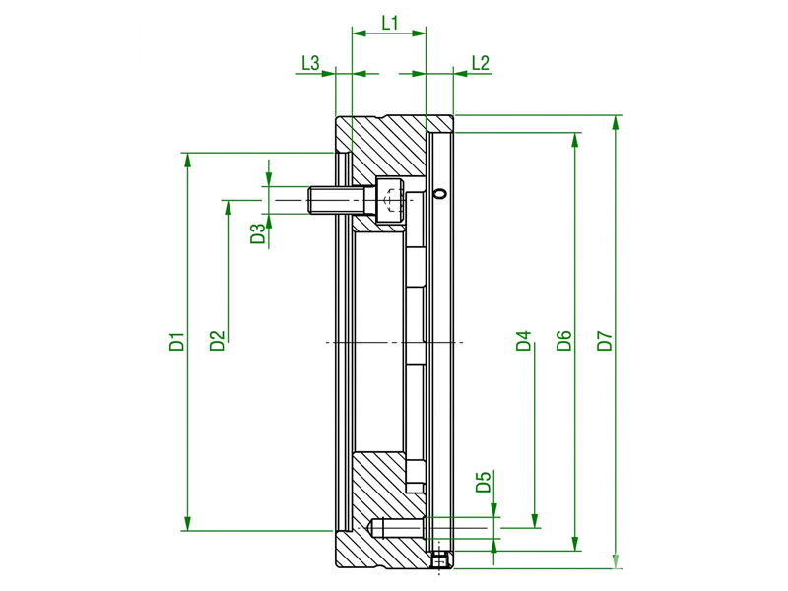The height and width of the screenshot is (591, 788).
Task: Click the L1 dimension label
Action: (x=390, y=23)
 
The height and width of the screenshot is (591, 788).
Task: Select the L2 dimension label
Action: (x=481, y=63)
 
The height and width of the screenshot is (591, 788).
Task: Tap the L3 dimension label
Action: (x=310, y=63)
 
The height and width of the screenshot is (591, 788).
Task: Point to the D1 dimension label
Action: (x=177, y=341)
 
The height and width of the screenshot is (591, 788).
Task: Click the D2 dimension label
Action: (x=217, y=341)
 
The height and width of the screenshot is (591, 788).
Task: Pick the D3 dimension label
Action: (x=257, y=233)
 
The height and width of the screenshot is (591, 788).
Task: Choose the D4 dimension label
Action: (x=524, y=340)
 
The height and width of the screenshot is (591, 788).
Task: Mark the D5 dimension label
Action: (x=483, y=482)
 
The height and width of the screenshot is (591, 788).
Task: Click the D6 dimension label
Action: (x=564, y=340)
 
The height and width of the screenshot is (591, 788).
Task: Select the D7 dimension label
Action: (x=605, y=340)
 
